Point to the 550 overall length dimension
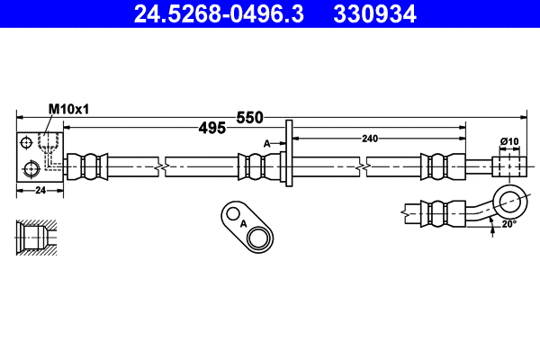249,118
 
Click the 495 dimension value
211,129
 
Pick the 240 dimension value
370,138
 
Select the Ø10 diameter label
510,141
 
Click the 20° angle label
510,224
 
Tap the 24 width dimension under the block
40,190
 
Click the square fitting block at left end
40,158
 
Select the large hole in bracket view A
260,238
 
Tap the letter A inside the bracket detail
243,223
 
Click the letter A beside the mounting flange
267,143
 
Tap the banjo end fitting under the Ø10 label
509,166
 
